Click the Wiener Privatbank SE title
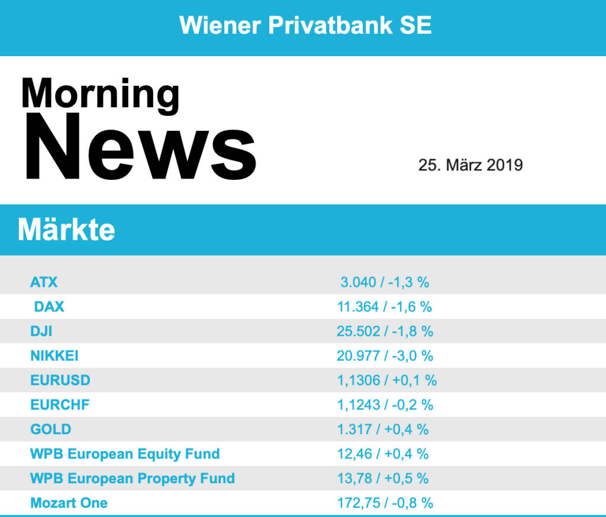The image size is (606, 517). (x=305, y=25)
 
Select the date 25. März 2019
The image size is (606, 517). (x=470, y=164)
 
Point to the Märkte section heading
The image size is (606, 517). (x=66, y=230)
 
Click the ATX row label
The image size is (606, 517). (x=44, y=282)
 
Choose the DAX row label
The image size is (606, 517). (x=49, y=307)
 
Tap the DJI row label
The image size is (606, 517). (x=41, y=331)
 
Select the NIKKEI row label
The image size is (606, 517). (x=54, y=356)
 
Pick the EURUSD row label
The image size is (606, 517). (x=60, y=380)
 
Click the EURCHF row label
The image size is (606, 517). (x=60, y=405)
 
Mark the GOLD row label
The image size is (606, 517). (x=51, y=429)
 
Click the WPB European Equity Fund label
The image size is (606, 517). (x=125, y=454)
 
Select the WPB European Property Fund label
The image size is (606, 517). (x=133, y=479)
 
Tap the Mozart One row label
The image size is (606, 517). (x=69, y=503)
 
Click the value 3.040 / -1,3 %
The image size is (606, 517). (x=385, y=282)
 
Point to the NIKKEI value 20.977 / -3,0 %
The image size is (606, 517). (x=385, y=356)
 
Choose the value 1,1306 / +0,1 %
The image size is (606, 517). (x=387, y=380)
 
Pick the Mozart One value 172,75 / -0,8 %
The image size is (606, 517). (x=385, y=503)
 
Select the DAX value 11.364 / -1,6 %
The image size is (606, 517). (x=385, y=307)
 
